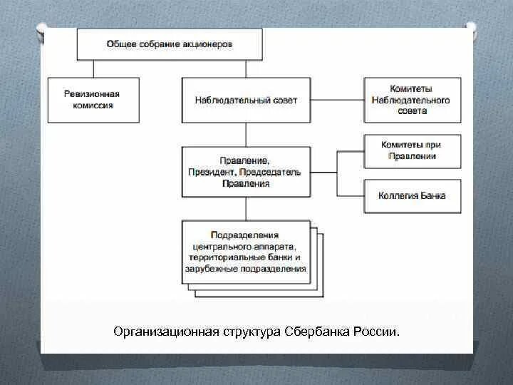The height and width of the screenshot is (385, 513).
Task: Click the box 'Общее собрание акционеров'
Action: (170, 45)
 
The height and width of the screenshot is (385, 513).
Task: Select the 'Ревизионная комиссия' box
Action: (93, 100)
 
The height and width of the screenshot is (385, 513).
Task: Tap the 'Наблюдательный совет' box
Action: (246, 100)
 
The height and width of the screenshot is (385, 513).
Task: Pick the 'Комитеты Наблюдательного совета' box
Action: (413, 100)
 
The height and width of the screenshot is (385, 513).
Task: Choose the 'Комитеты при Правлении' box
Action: (413, 150)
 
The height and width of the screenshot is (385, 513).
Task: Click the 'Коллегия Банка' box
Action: (413, 195)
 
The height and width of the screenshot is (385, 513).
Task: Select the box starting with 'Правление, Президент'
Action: (246, 172)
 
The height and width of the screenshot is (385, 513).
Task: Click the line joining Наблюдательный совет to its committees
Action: (337, 100)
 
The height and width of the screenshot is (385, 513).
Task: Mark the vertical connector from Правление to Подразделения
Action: (247, 208)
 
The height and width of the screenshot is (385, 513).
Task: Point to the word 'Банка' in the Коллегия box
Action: (432, 195)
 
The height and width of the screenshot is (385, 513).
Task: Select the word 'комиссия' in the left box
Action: (93, 106)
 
